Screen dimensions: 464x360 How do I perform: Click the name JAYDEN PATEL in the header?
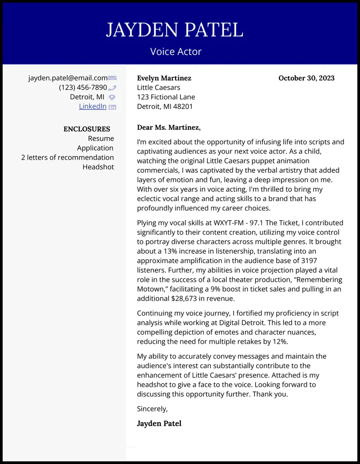(x=174, y=30)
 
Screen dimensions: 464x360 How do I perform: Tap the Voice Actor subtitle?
(x=176, y=51)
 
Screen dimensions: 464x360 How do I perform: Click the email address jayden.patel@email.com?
(x=68, y=78)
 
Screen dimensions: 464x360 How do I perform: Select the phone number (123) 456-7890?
(x=83, y=87)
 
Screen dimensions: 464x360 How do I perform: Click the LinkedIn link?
(x=93, y=106)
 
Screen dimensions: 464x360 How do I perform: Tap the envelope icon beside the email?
(x=112, y=78)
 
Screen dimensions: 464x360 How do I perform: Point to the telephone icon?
(x=112, y=88)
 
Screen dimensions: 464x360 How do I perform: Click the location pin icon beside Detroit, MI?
(x=112, y=97)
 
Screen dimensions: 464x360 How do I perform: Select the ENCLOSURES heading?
(x=86, y=129)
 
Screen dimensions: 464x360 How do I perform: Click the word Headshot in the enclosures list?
(x=98, y=167)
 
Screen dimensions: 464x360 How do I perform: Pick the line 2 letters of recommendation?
(x=67, y=157)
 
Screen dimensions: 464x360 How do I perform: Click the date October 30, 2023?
(x=306, y=78)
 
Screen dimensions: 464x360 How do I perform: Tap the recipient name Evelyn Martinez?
(x=164, y=78)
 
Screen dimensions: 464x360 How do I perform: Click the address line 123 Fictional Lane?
(x=166, y=97)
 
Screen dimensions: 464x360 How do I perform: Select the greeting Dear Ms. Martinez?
(x=168, y=128)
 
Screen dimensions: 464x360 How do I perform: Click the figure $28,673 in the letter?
(x=186, y=299)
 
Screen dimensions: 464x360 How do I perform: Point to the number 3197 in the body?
(x=308, y=261)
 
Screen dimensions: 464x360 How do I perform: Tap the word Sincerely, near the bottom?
(x=152, y=409)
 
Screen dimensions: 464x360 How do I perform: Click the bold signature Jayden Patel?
(x=159, y=423)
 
